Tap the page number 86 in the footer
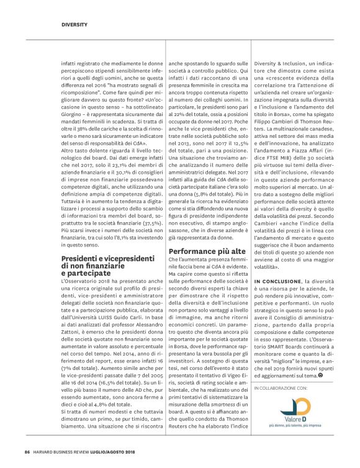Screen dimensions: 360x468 tap(27, 451)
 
